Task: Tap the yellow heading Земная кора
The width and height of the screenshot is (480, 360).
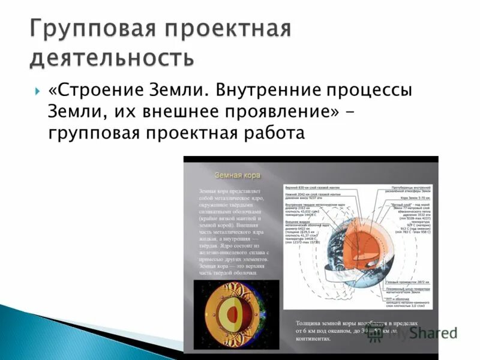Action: coord(238,176)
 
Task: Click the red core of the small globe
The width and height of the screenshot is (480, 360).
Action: coord(231,314)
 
